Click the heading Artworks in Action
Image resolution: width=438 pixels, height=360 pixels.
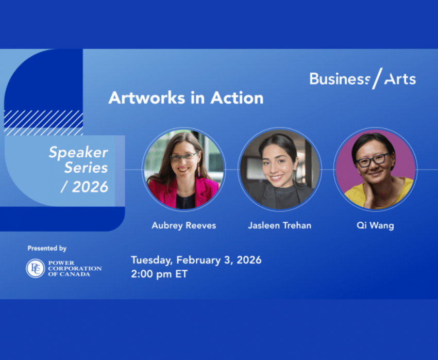point(186,98)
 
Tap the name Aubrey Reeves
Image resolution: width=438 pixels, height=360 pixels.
point(184,225)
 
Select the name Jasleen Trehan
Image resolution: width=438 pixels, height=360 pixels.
point(280,225)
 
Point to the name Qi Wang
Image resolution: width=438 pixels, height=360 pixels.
point(375,225)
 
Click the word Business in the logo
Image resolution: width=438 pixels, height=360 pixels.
point(340,79)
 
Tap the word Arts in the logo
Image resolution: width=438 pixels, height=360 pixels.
point(400,79)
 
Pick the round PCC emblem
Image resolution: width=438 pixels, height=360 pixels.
point(36,268)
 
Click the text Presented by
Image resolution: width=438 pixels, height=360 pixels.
point(47,248)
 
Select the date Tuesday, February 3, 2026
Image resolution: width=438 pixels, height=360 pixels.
point(196,260)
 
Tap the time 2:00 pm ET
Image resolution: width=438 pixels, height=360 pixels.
point(159,274)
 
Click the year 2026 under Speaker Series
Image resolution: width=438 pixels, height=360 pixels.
point(90,187)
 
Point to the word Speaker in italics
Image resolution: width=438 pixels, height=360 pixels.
point(78,153)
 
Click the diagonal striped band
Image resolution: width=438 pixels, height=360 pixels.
point(43,123)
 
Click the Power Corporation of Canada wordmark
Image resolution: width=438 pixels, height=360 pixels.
point(75,268)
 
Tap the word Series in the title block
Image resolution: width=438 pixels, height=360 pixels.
point(86,168)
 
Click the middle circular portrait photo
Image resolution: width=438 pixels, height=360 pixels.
point(280,169)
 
